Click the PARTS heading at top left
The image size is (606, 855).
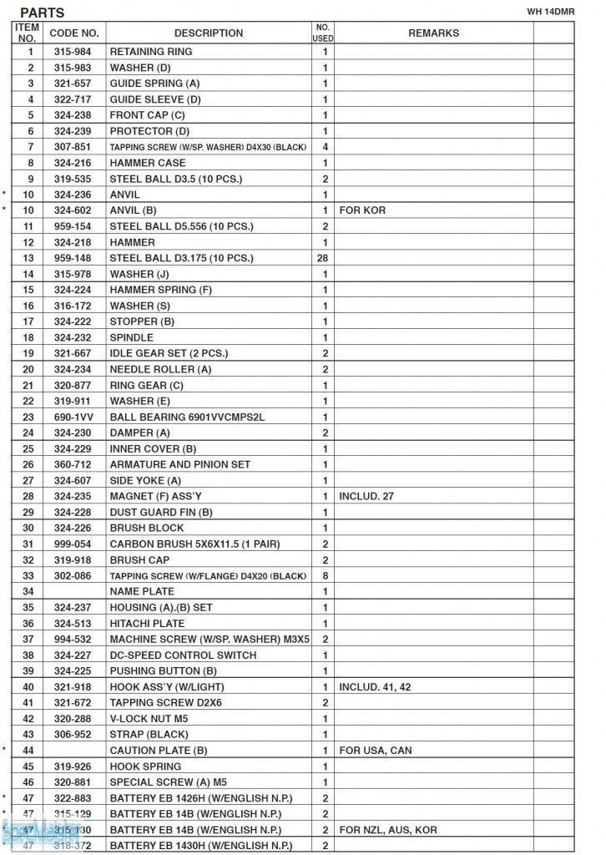[x=42, y=13]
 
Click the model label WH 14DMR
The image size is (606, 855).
[x=551, y=11]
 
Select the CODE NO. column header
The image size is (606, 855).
[x=74, y=33]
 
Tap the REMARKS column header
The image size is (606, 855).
[x=433, y=33]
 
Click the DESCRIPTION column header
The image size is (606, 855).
[x=209, y=33]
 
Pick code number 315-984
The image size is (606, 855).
[x=74, y=52]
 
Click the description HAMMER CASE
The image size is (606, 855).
[x=148, y=163]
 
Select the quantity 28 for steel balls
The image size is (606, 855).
[x=322, y=258]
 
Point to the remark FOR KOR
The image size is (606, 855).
[x=362, y=210]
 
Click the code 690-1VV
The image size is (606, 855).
[x=74, y=417]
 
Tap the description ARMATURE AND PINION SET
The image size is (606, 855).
[x=180, y=464]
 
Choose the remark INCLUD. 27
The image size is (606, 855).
[x=366, y=496]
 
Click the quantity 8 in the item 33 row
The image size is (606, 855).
[x=324, y=575]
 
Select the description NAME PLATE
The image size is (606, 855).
[x=142, y=591]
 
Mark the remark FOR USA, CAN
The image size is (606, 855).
[x=376, y=751]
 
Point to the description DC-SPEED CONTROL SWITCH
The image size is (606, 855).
[x=183, y=655]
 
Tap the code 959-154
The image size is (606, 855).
[x=74, y=226]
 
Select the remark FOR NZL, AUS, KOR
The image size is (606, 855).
[x=388, y=830]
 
